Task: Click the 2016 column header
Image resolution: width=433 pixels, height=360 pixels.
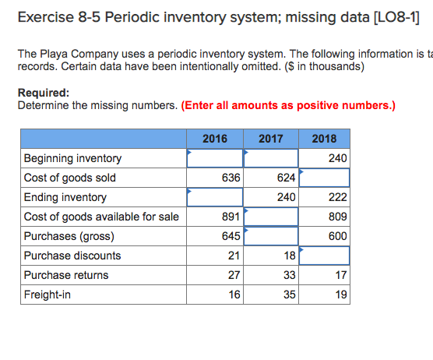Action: pos(215,139)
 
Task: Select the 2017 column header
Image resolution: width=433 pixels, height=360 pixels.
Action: pos(270,139)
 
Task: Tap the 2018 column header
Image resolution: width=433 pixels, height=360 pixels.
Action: pos(324,139)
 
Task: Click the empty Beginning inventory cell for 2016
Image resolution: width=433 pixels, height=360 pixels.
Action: pos(215,158)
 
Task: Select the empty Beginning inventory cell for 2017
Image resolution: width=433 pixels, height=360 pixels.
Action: pos(271,158)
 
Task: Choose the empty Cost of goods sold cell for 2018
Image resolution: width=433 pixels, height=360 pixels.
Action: pos(325,178)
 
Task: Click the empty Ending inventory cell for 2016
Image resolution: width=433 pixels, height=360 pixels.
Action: pos(215,197)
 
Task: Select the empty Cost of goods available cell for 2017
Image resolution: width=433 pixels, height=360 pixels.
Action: pos(271,217)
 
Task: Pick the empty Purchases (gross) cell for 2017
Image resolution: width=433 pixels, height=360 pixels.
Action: pos(271,236)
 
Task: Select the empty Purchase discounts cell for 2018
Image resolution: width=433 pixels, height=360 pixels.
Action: pos(325,256)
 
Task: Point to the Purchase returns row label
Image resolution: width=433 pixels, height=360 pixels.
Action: pos(66,275)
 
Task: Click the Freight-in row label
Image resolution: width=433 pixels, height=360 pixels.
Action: pos(46,295)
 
